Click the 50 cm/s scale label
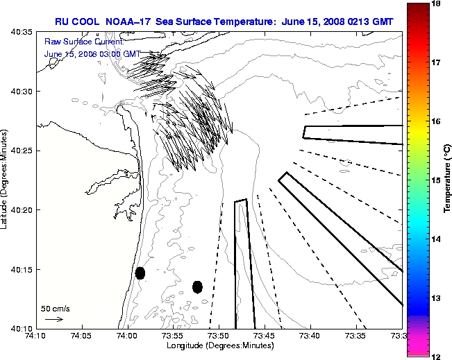tap(56, 308)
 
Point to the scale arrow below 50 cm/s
tap(53, 319)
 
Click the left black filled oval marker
tap(140, 273)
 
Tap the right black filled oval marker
tap(197, 286)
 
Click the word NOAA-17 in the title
tap(129, 22)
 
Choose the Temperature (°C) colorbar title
tap(448, 180)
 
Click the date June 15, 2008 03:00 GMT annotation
tap(92, 53)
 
